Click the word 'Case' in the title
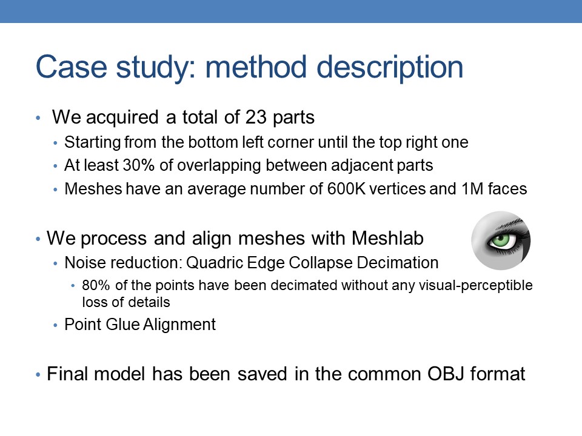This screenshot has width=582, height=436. pyautogui.click(x=72, y=67)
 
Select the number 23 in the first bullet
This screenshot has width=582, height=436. pyautogui.click(x=256, y=117)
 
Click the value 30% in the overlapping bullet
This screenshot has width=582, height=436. pyautogui.click(x=138, y=165)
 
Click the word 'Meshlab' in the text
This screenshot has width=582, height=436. pyautogui.click(x=387, y=238)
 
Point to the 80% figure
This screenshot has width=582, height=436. pyautogui.click(x=96, y=285)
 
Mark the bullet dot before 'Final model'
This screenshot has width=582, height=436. pyautogui.click(x=38, y=375)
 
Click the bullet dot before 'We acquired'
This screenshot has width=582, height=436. pyautogui.click(x=38, y=118)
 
